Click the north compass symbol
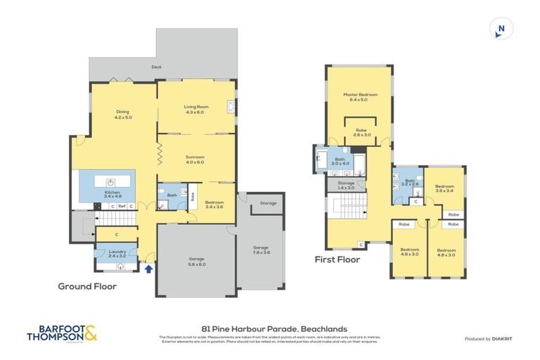[501, 29]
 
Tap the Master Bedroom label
[360, 97]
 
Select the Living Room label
[194, 109]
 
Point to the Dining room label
[123, 114]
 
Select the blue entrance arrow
[148, 267]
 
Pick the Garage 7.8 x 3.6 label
[261, 250]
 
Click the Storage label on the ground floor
[268, 203]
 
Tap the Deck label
[156, 68]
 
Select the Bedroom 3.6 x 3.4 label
[444, 188]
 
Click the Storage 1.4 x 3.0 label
[346, 185]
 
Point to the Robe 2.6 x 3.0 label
[361, 132]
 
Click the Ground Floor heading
[87, 286]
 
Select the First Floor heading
[337, 259]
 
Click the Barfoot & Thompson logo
[62, 333]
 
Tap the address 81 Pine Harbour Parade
[269, 328]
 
